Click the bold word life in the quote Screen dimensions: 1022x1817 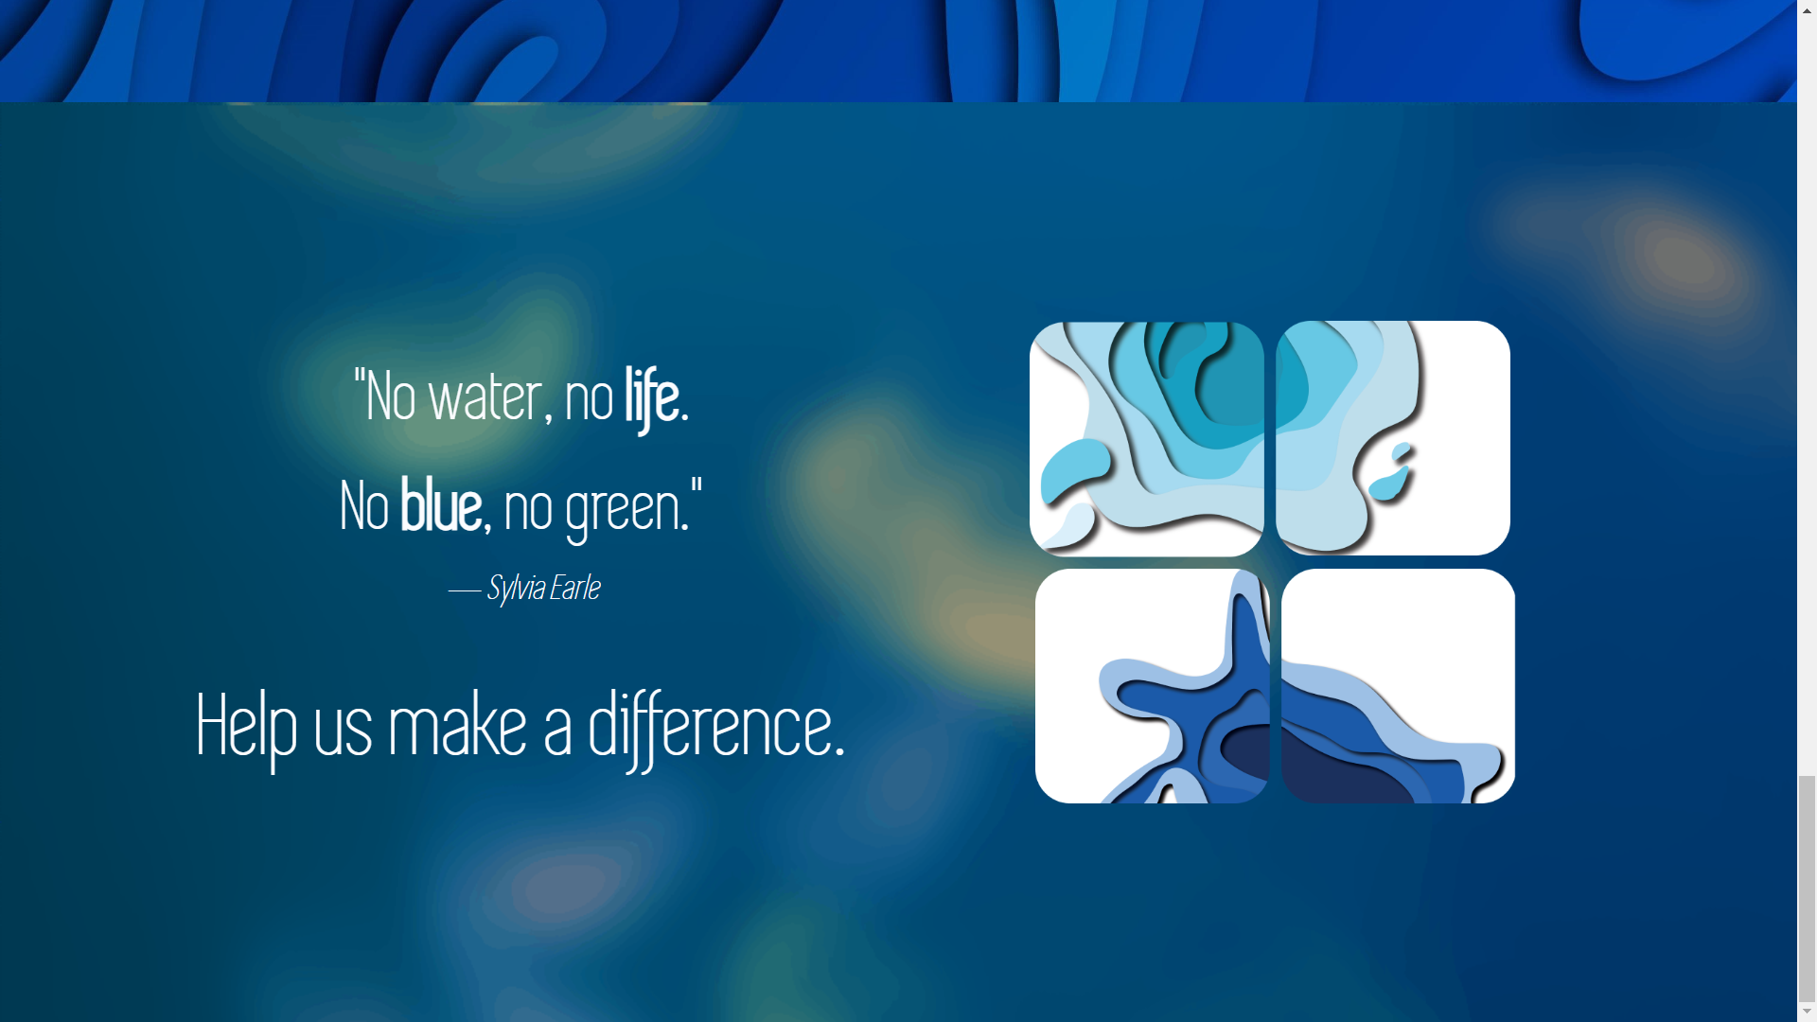tap(652, 397)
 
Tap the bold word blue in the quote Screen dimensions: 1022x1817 tap(441, 507)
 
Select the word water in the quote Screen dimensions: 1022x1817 tap(485, 397)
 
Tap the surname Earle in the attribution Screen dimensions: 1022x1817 tap(574, 589)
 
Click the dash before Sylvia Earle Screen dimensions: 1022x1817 tap(464, 590)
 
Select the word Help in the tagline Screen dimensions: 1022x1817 tap(246, 727)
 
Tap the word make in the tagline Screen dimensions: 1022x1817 tap(457, 727)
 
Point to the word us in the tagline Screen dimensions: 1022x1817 tap(343, 731)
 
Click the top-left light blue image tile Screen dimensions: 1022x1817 tap(1146, 438)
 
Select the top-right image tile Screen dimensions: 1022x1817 tap(1392, 438)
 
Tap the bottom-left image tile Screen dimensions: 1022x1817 tap(1152, 686)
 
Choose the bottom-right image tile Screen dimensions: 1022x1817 tap(1398, 686)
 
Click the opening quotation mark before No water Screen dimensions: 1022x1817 tap(359, 379)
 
